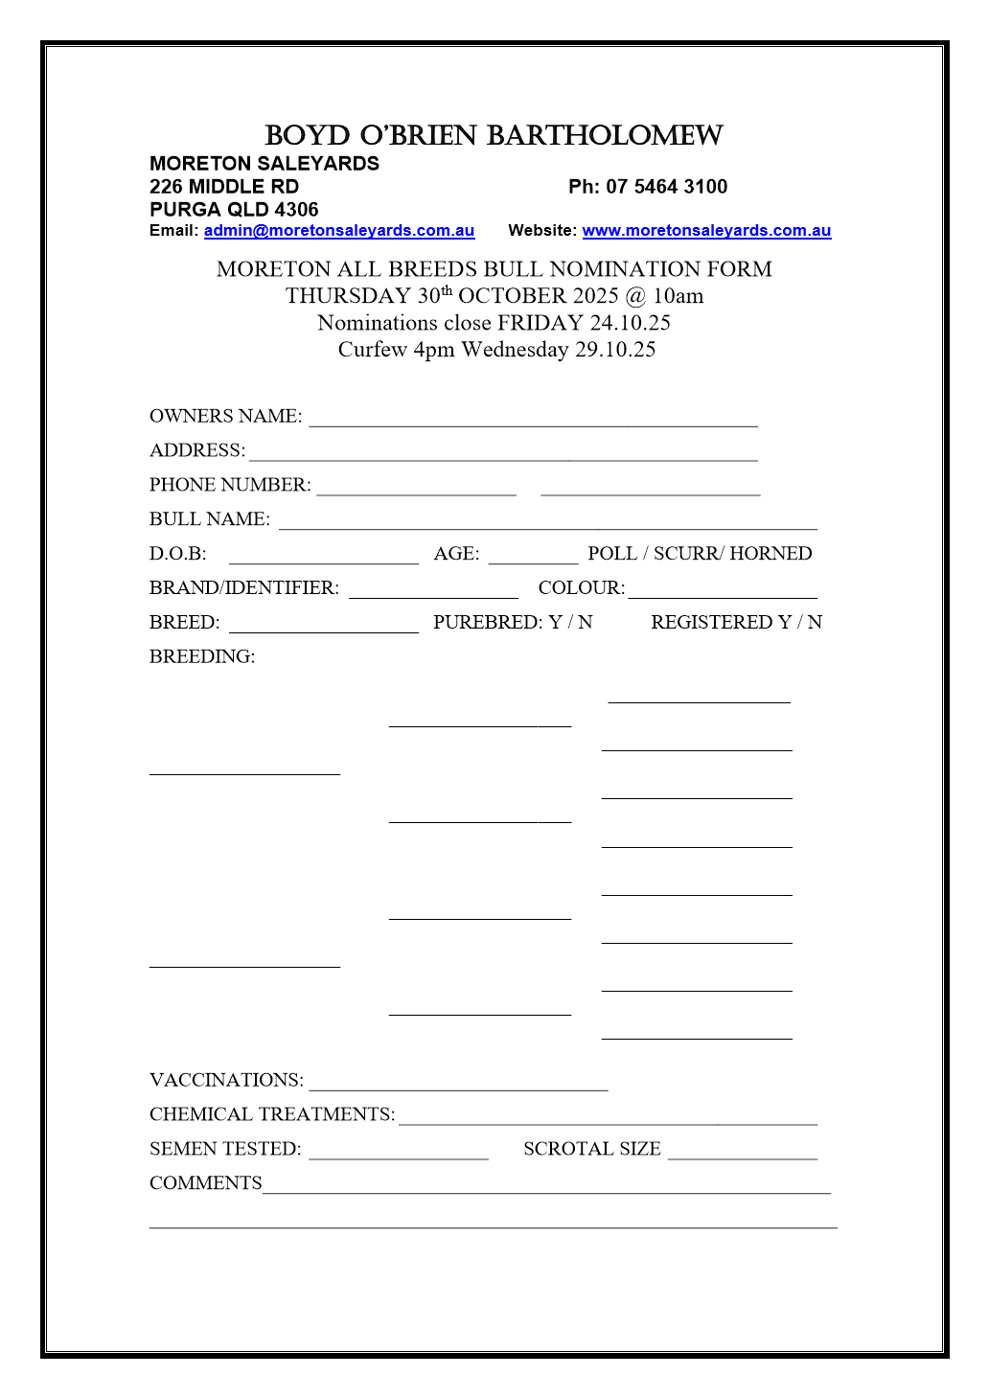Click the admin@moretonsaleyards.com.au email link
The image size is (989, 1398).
coord(339,231)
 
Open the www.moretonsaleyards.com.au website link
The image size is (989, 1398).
coord(706,231)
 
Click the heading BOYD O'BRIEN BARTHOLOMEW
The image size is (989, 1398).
coord(494,136)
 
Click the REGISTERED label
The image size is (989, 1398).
coord(712,623)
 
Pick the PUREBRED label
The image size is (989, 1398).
coord(487,623)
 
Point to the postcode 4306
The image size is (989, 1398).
coord(297,210)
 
